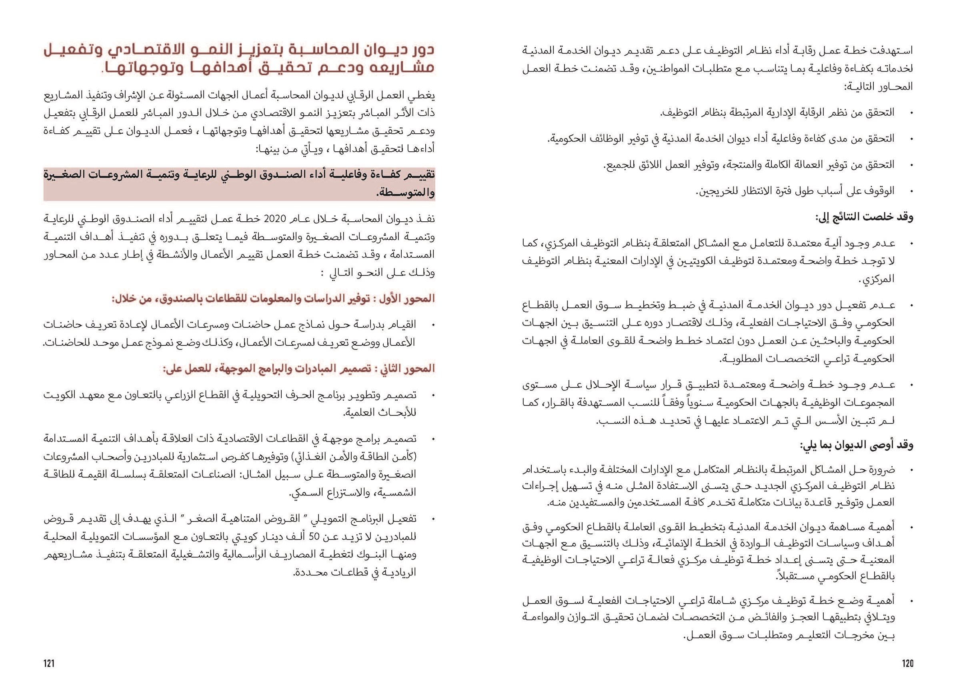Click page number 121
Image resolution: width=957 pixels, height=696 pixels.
[49, 664]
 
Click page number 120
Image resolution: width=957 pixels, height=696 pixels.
[908, 664]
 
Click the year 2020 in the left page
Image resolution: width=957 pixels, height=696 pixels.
[275, 219]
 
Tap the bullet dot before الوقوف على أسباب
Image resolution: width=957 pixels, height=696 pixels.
[910, 192]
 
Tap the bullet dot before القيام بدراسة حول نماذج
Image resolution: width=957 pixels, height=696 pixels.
[432, 325]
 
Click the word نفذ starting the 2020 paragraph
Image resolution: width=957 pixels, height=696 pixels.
[427, 219]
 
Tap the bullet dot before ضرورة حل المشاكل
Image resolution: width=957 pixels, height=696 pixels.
[910, 470]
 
